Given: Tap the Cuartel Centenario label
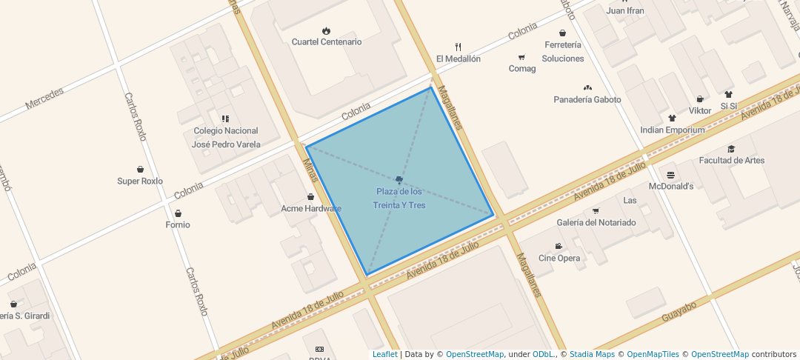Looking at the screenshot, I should click(x=327, y=42).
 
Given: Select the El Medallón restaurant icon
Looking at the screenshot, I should click(x=458, y=47).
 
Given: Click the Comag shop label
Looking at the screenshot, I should click(x=521, y=69).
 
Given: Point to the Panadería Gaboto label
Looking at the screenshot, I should click(x=587, y=99).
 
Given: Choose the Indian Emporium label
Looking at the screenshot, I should click(x=673, y=130).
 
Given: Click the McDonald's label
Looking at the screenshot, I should click(x=670, y=187).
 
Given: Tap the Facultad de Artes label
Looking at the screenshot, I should click(x=732, y=161).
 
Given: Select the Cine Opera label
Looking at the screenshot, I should click(x=559, y=259).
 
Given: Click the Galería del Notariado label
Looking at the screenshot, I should click(x=596, y=222).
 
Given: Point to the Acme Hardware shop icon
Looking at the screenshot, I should click(x=310, y=196).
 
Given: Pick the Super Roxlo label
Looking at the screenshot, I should click(x=140, y=181).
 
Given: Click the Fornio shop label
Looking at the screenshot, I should click(x=178, y=224).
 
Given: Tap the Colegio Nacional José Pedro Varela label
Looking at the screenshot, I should click(x=226, y=138).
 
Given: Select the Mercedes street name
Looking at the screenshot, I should click(x=44, y=99).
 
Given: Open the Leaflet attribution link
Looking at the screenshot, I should click(x=384, y=354).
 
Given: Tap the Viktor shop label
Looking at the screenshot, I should click(x=700, y=110).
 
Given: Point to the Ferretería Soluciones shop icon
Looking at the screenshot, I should click(x=563, y=33).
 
